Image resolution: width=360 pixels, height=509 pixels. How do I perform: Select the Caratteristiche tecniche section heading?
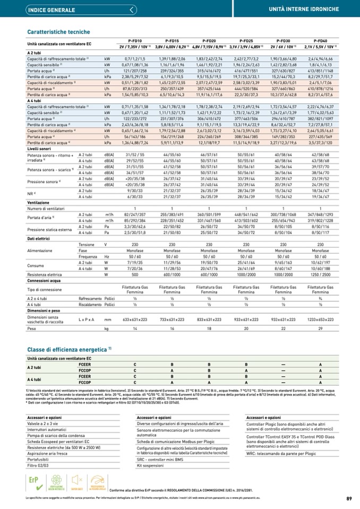58,32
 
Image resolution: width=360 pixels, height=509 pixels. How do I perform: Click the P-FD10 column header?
135,41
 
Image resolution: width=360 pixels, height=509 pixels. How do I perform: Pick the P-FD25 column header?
246,41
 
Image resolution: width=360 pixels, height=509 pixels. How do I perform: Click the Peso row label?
32,329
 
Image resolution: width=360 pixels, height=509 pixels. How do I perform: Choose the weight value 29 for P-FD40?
320,329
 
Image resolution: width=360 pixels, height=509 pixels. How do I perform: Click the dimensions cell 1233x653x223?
320,320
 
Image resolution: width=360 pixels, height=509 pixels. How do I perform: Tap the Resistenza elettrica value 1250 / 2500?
320,275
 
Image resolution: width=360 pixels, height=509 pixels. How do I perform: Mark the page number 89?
349,498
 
